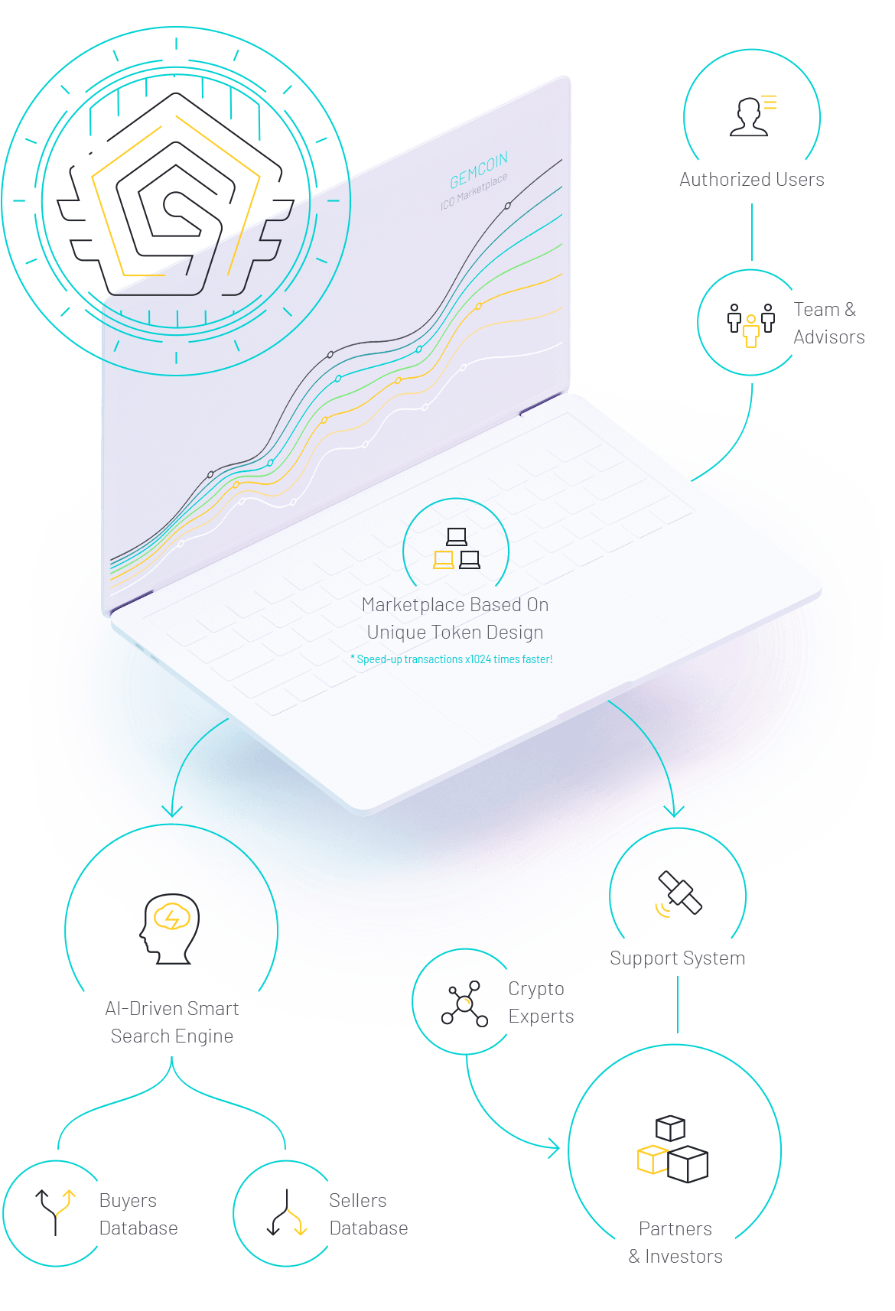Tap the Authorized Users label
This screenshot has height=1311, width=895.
click(x=751, y=180)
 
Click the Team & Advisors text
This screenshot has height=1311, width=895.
click(x=828, y=324)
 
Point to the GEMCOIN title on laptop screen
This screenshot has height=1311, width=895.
click(x=479, y=171)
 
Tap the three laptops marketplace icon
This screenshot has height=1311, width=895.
click(x=457, y=549)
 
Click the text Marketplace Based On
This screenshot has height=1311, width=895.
click(x=455, y=605)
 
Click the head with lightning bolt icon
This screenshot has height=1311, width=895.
click(x=171, y=927)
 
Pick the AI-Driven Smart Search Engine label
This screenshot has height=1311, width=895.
click(x=172, y=1023)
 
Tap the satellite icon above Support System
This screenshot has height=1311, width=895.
click(x=679, y=893)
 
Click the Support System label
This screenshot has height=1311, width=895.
click(x=677, y=958)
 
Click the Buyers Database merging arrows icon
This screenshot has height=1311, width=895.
click(x=56, y=1212)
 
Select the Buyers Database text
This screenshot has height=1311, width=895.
click(x=138, y=1215)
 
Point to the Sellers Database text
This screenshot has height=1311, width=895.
click(x=368, y=1215)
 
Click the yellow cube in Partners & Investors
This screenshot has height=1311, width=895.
click(x=653, y=1160)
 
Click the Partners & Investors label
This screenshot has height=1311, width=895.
click(x=675, y=1243)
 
